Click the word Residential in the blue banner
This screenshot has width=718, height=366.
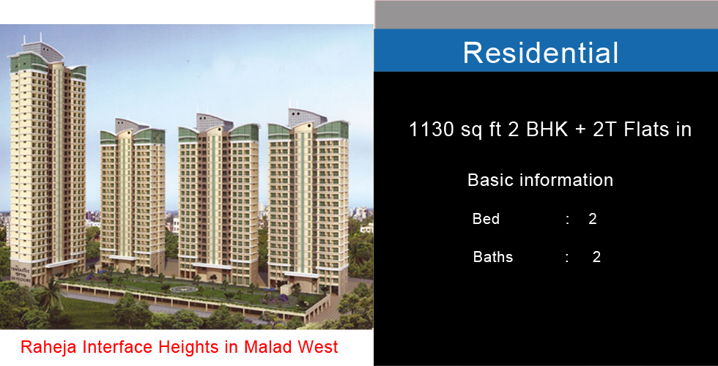541,52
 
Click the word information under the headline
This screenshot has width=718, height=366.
566,180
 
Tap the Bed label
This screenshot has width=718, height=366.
486,219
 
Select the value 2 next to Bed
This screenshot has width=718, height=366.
593,219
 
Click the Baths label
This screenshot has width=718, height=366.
492,257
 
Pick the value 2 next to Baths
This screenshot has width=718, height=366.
596,257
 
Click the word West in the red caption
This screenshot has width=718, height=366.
318,346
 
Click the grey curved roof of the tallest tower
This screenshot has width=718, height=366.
42,51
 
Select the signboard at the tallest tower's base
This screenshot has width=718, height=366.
21,275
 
